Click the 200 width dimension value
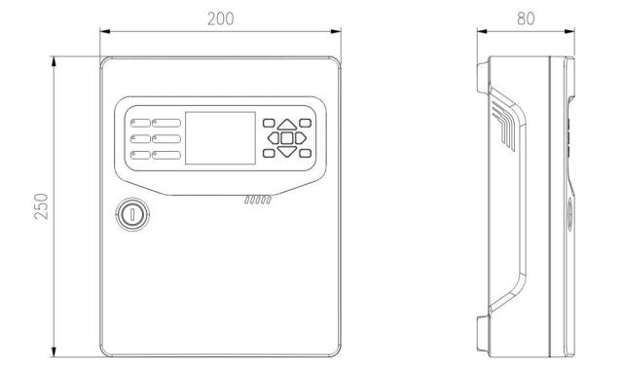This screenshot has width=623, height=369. (221, 18)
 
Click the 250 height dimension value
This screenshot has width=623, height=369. (41, 206)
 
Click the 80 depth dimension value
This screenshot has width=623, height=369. (526, 18)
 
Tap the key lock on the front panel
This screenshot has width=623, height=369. (132, 214)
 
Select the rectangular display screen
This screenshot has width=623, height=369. (221, 138)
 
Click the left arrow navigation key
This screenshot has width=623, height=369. (274, 138)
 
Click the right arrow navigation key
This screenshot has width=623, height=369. (301, 138)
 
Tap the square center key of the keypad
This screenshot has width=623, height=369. (287, 138)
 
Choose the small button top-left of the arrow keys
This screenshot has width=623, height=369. (269, 123)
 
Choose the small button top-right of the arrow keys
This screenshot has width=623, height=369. (305, 123)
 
